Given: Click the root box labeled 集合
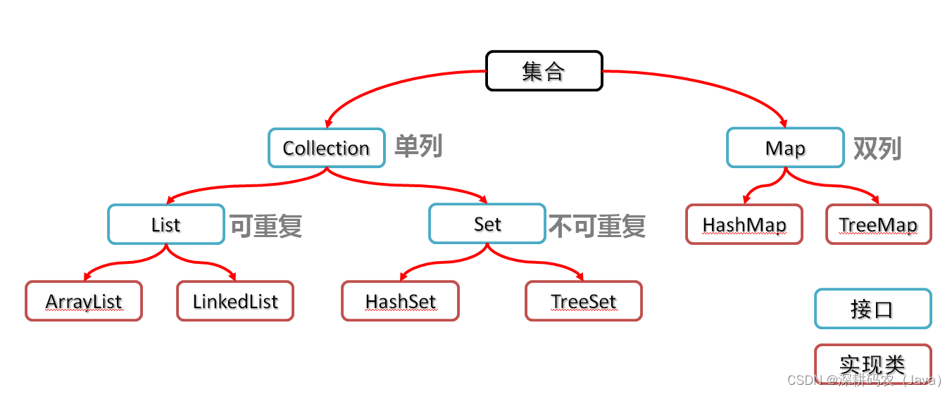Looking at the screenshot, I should click(x=544, y=70).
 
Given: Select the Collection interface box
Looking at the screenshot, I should click(x=326, y=148).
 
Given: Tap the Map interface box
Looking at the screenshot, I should click(x=785, y=148).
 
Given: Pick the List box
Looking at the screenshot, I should click(x=166, y=224).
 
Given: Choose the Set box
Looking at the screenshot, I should click(x=487, y=224).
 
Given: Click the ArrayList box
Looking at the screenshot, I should click(x=84, y=301).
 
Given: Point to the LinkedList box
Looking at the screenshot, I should click(x=235, y=301).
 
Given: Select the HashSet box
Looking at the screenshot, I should click(x=400, y=301).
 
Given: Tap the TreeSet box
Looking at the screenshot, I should click(x=584, y=301).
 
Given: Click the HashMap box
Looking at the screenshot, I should click(x=744, y=224).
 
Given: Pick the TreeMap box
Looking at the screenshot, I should click(x=878, y=224).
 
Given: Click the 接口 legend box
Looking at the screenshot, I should click(x=872, y=309).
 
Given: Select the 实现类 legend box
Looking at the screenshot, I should click(x=872, y=364).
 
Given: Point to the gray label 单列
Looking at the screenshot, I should click(x=418, y=146).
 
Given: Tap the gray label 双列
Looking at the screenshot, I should click(x=877, y=148).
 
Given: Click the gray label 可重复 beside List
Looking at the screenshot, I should click(x=266, y=226).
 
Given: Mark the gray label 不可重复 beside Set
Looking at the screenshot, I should click(x=597, y=226).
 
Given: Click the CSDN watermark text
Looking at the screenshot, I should click(x=864, y=381).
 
